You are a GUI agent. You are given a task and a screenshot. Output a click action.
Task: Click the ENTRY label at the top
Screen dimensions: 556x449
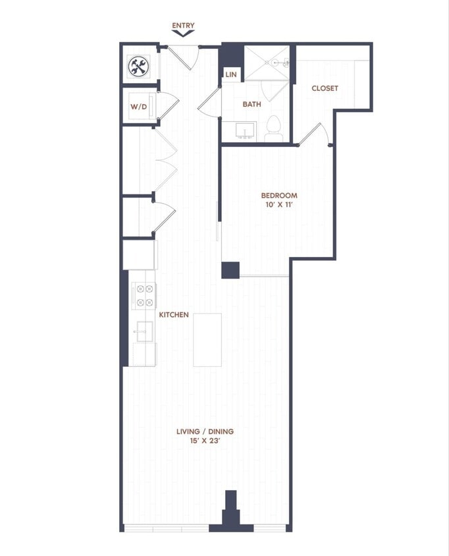[x=183, y=26]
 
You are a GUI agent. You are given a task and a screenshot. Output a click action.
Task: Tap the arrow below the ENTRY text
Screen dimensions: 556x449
[x=183, y=34]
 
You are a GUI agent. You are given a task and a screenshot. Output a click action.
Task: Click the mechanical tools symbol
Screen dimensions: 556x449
[x=139, y=65]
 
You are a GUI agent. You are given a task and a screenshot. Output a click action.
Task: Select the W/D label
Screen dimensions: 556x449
[x=138, y=106]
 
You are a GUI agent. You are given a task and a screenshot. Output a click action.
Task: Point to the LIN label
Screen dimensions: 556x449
[x=230, y=74]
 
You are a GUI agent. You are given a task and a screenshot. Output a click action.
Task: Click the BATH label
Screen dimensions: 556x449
[x=251, y=104]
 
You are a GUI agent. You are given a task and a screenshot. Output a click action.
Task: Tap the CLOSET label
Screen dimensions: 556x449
[x=325, y=88]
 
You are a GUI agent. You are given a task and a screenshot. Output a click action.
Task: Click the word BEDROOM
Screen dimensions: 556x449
[x=279, y=196]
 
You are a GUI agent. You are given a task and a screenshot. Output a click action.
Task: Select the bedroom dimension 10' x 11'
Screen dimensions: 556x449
[x=279, y=206]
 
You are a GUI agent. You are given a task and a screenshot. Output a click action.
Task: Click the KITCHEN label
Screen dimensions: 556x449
[x=174, y=315]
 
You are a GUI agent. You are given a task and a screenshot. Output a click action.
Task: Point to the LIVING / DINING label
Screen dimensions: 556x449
[x=205, y=432]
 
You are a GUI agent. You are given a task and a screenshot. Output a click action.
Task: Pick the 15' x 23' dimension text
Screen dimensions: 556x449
[x=205, y=442]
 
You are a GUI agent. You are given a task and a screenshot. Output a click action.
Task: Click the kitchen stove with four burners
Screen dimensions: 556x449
[x=144, y=295]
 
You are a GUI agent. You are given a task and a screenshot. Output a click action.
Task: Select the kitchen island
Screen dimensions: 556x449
[x=207, y=339]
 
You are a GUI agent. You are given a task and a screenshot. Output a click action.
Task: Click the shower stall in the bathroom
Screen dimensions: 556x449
[x=267, y=63]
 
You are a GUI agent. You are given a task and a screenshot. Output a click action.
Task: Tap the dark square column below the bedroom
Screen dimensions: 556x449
[x=230, y=270]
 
